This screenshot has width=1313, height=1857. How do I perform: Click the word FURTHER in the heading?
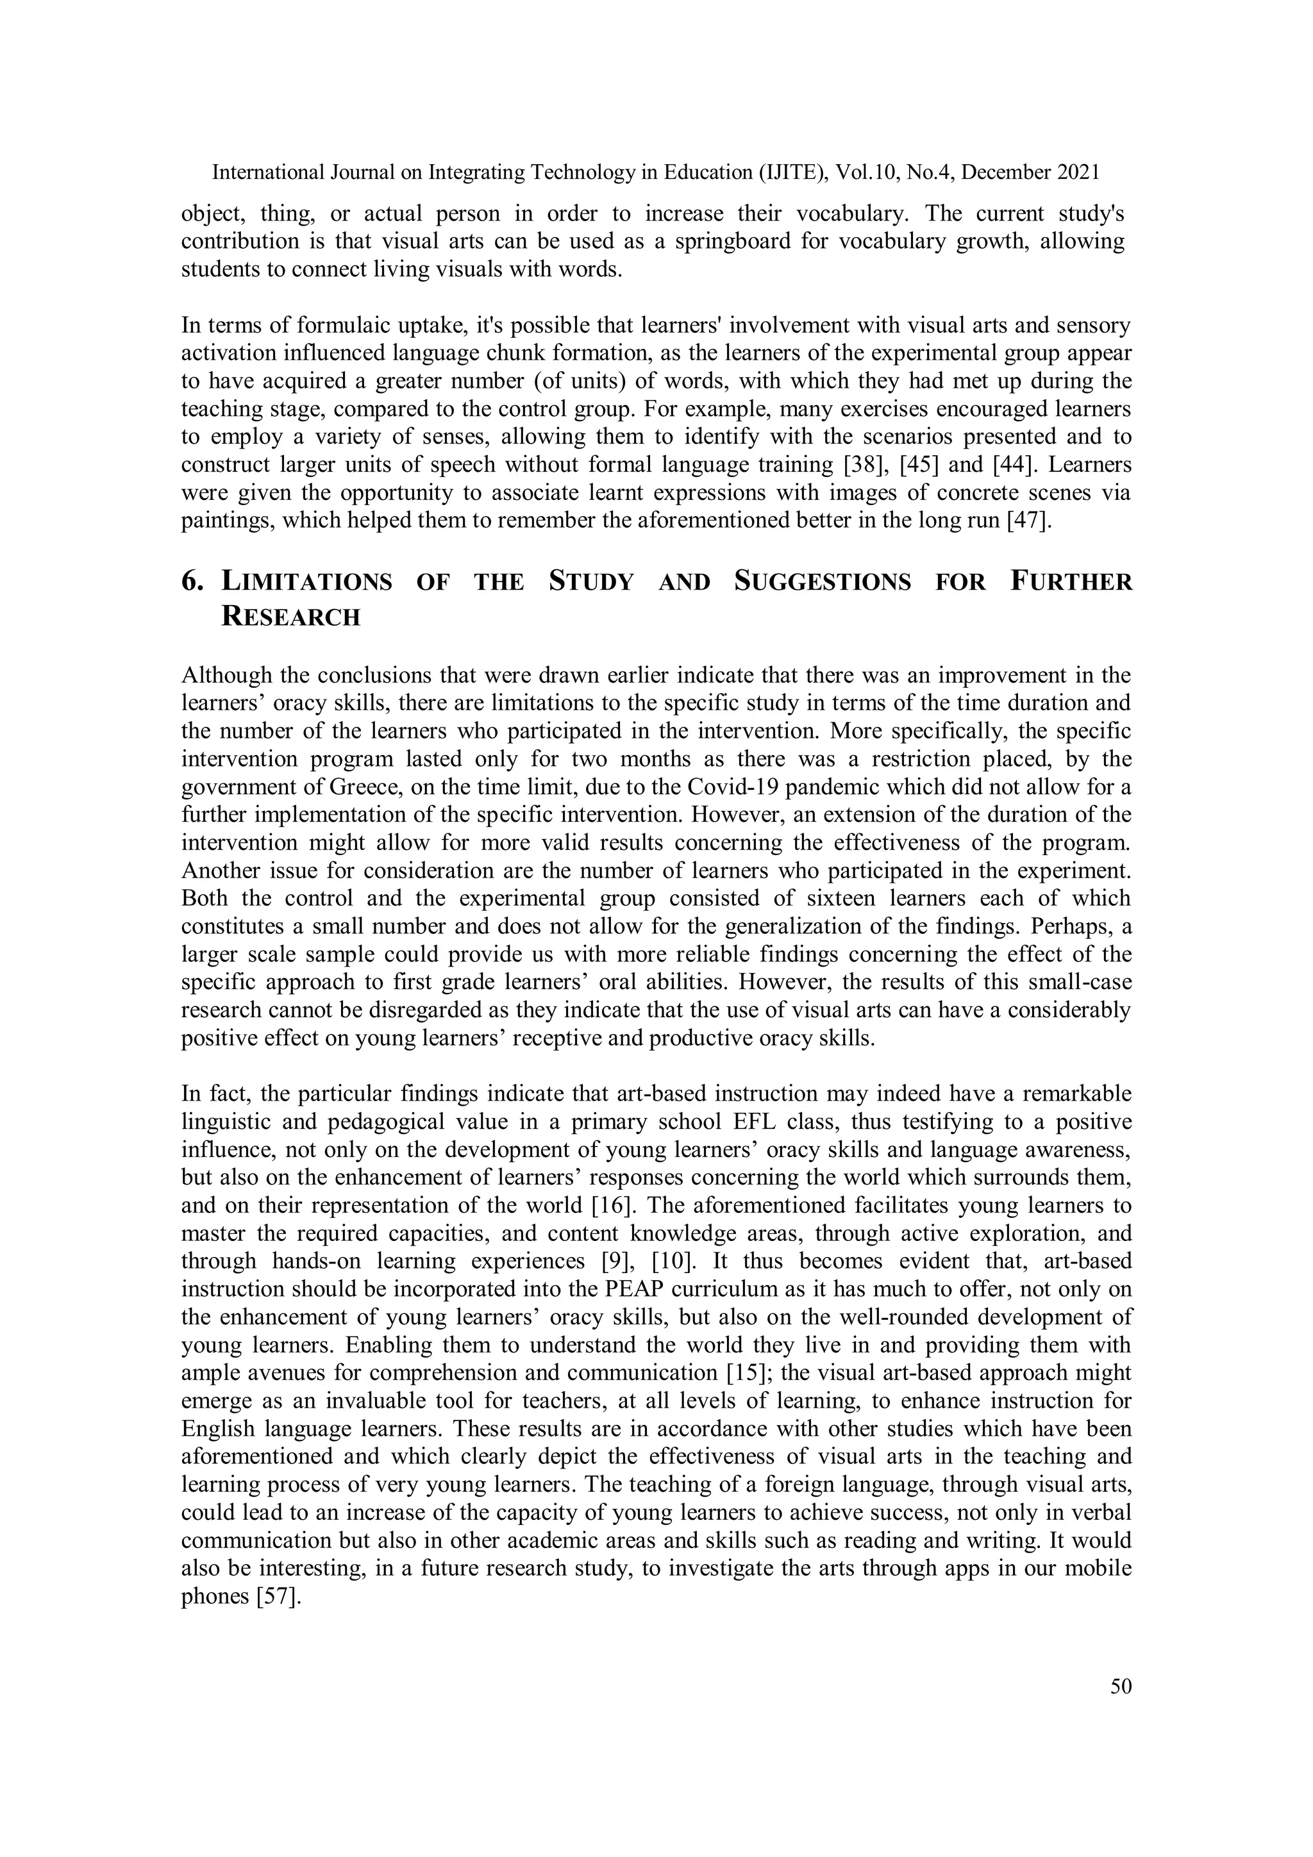[x=1071, y=582]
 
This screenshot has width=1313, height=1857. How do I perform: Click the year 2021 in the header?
[x=1079, y=172]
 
